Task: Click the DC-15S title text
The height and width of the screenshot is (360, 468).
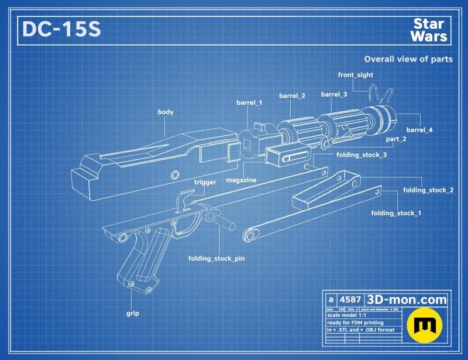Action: click(61, 30)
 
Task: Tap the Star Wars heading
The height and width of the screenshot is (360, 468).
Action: click(429, 30)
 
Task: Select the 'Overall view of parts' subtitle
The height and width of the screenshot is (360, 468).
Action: click(408, 59)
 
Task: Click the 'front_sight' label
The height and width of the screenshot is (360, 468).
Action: click(355, 75)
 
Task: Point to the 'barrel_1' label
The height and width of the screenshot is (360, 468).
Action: click(249, 102)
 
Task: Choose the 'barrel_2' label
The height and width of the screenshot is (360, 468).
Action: click(292, 95)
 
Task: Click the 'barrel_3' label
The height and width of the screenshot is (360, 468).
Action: click(334, 94)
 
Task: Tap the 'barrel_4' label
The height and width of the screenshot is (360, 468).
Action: click(419, 130)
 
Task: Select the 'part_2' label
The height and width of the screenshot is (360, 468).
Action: click(396, 139)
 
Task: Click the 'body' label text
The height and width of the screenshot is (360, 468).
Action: click(166, 112)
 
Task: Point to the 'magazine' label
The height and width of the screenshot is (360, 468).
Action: click(241, 180)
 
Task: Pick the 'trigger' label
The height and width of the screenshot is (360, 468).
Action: click(205, 182)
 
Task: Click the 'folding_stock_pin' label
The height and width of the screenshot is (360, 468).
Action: click(216, 258)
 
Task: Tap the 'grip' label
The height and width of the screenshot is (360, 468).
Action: click(133, 313)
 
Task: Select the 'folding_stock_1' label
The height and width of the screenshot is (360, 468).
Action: click(395, 213)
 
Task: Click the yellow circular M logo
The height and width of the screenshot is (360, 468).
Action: click(426, 325)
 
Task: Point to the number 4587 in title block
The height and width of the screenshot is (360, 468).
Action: click(350, 299)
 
